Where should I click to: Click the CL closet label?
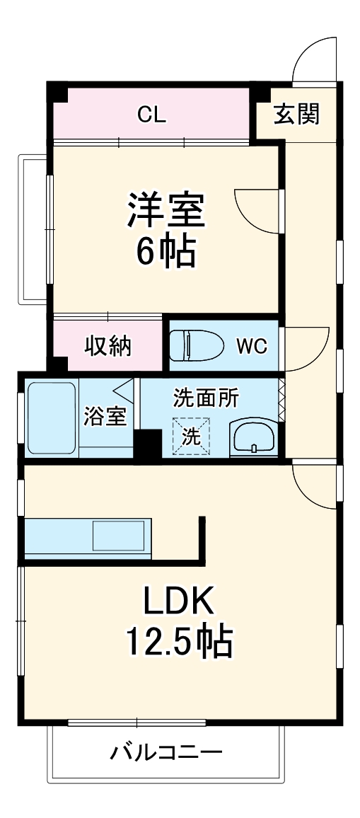151,115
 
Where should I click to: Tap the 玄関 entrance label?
296,113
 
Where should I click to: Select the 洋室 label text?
166,210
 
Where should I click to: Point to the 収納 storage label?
108,346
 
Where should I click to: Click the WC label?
251,346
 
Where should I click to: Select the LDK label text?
178,601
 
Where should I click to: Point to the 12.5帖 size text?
179,641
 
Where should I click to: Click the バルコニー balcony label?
166,751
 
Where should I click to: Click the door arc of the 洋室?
256,207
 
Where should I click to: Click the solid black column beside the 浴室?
148,445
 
